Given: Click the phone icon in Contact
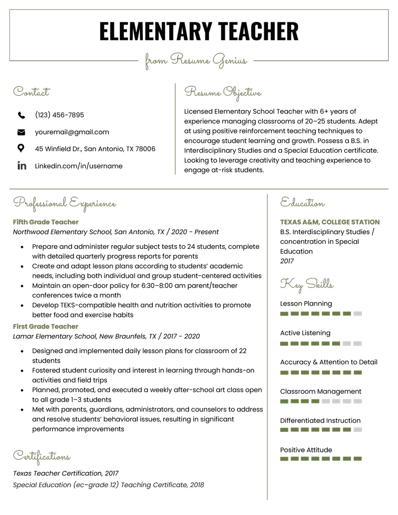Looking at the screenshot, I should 21,115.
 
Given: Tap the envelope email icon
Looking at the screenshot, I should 21,132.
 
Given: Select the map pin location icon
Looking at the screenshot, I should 21,148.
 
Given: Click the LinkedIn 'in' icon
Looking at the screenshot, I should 21,166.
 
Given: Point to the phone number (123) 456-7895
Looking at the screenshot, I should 59,115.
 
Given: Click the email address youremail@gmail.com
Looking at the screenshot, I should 72,132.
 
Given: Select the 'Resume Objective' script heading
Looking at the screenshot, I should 222,92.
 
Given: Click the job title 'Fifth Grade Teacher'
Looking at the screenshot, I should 46,222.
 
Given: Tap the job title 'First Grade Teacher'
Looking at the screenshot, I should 46,326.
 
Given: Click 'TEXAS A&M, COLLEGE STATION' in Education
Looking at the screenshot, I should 329,222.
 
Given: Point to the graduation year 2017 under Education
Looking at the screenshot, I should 287,261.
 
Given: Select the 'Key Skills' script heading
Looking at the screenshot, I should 306,284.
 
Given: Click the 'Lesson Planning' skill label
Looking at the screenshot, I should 306,304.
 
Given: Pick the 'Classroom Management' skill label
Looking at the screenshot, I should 320,391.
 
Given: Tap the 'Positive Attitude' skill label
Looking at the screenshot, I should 306,450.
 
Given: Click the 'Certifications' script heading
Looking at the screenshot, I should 42,456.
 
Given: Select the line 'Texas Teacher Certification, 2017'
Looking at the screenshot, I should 66,473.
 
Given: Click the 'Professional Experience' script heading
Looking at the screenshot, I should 65,203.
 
